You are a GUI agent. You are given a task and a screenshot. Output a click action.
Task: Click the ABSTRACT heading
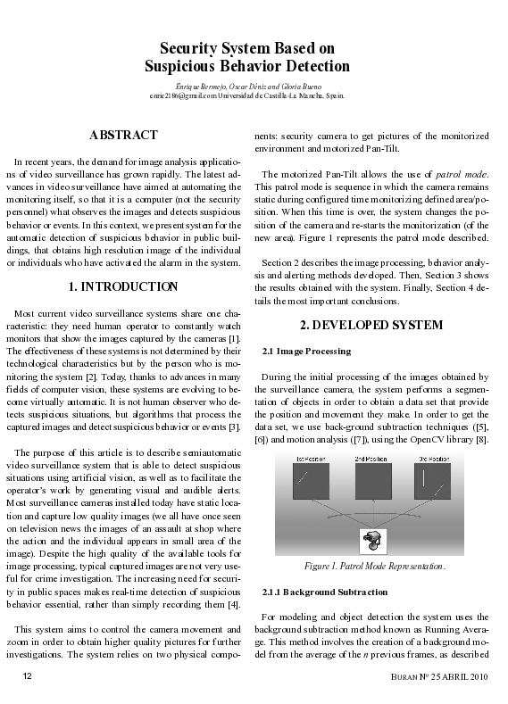pyautogui.click(x=123, y=136)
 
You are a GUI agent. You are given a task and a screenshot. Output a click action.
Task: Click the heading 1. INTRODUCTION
pyautogui.click(x=123, y=287)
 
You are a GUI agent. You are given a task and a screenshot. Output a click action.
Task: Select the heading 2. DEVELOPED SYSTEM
pyautogui.click(x=371, y=326)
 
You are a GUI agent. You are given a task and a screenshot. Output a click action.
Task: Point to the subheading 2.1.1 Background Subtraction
pyautogui.click(x=324, y=592)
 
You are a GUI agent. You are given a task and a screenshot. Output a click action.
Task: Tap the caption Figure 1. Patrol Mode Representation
pyautogui.click(x=370, y=566)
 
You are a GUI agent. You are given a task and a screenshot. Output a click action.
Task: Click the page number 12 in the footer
pyautogui.click(x=28, y=677)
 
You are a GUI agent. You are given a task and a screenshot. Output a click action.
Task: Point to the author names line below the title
pyautogui.click(x=246, y=84)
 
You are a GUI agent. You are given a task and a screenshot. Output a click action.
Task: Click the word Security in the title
pyautogui.click(x=188, y=48)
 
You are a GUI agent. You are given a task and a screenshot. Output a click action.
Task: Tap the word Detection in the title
pyautogui.click(x=312, y=66)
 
